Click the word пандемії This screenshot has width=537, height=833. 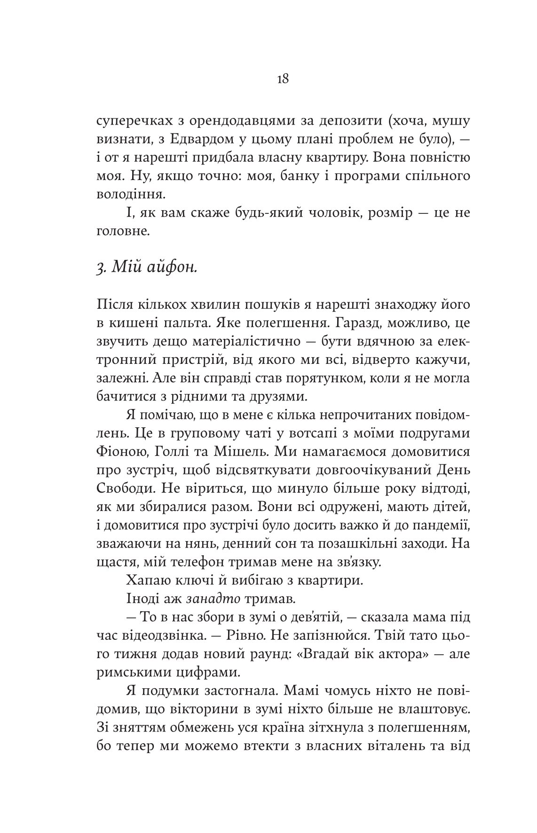pos(442,526)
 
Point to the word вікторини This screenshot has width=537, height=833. pos(208,708)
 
